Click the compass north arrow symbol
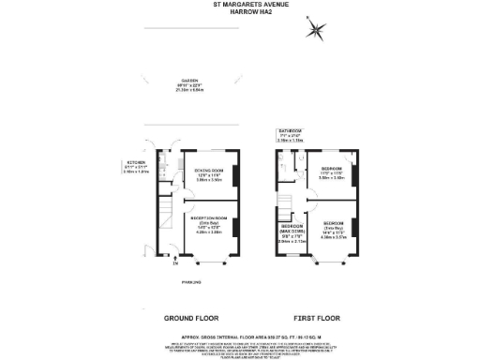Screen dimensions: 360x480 pyautogui.click(x=317, y=30)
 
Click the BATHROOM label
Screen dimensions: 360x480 pyautogui.click(x=287, y=130)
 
